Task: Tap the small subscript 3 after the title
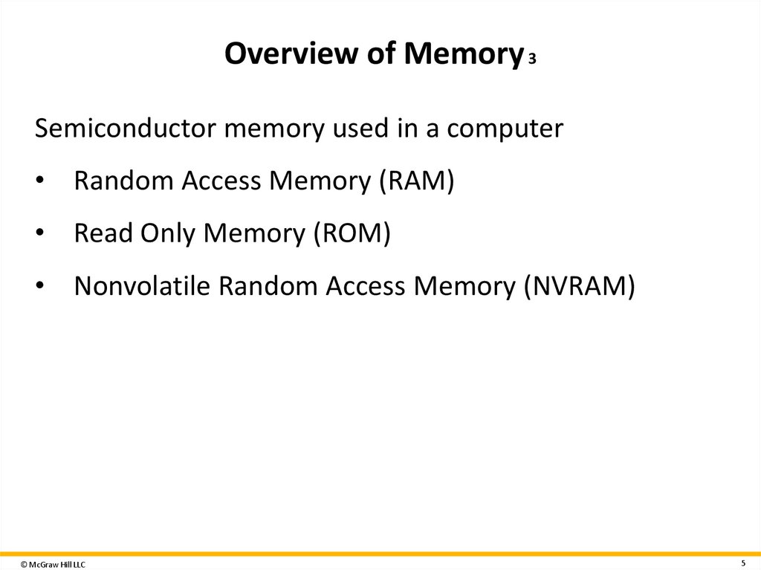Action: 532,59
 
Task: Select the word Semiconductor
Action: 125,129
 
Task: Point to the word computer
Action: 505,129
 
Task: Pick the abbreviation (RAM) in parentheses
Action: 415,181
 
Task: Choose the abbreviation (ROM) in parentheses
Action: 351,233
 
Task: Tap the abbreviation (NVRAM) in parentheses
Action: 579,285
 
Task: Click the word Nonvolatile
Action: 141,285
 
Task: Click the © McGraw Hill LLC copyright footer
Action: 53,565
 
